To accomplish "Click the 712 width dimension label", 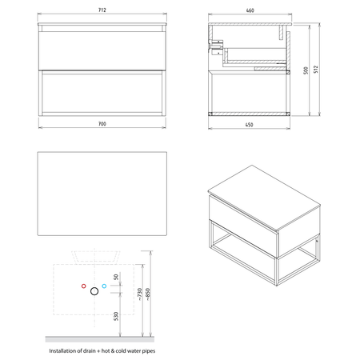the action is click(102, 10).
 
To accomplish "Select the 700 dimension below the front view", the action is click(102, 124).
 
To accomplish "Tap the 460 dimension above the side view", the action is click(250, 10).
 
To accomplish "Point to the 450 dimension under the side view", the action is click(249, 125).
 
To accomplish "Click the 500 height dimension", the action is click(306, 70).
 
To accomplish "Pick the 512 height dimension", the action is click(316, 70).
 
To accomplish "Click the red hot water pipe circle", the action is click(84, 286).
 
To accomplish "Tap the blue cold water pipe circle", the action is click(104, 286).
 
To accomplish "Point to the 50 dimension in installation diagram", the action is click(116, 277).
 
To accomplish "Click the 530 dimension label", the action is click(116, 316).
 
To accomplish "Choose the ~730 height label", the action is click(140, 294).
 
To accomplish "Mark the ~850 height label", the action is click(148, 294).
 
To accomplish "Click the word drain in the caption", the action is click(90, 350).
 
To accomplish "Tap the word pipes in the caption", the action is click(148, 351).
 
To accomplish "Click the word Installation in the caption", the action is click(62, 350).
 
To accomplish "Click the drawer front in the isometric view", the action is click(243, 226).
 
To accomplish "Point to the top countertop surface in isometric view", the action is click(264, 198).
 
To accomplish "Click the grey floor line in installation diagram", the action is click(100, 339).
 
